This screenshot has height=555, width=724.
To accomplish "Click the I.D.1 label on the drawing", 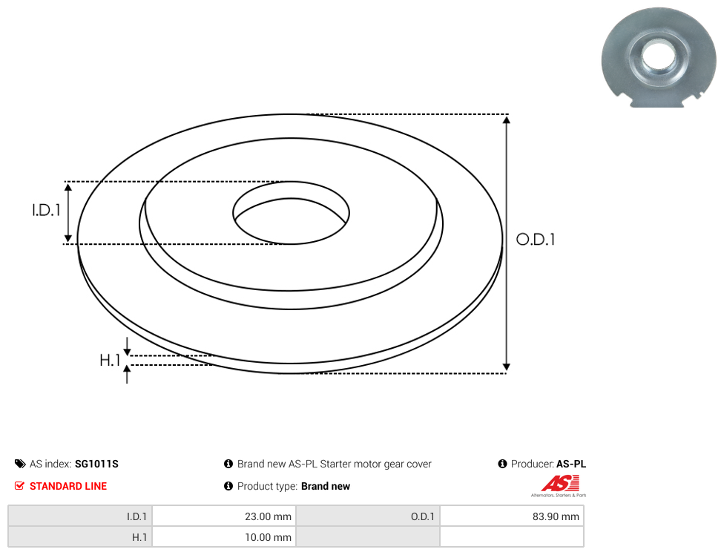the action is tap(46, 210).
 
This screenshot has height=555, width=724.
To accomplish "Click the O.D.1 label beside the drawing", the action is tap(536, 239).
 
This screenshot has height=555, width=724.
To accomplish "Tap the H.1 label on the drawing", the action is tap(110, 360).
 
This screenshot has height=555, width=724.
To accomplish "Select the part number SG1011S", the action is tap(96, 464).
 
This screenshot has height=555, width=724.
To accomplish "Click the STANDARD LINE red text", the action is tap(68, 486).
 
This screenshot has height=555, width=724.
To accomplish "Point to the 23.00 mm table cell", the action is tap(224, 516).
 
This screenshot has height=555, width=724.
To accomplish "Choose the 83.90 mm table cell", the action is tap(512, 516).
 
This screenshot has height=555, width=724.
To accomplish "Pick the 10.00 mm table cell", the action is tap(224, 537).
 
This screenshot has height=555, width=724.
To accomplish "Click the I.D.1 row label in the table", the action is tap(80, 516).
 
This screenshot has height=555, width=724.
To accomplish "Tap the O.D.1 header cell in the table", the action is tap(368, 516).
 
